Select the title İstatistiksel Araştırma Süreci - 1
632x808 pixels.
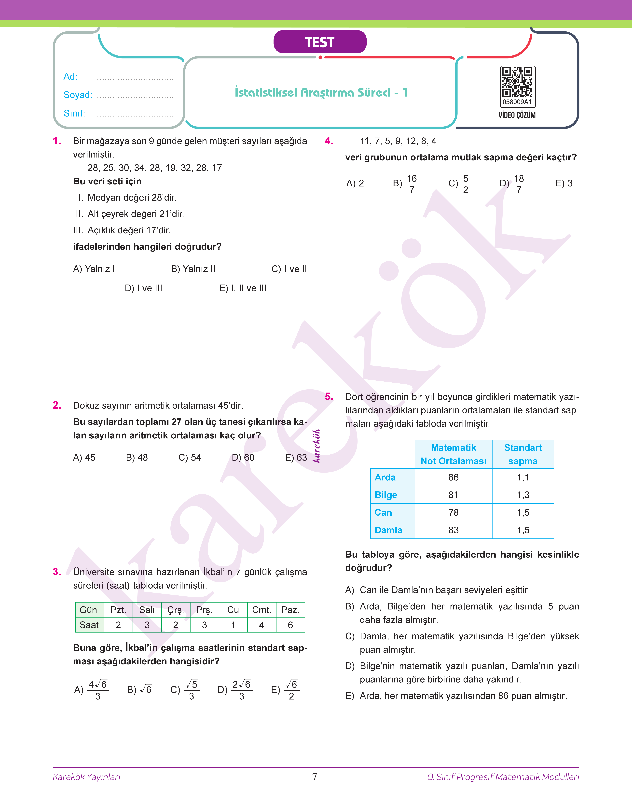point(321,92)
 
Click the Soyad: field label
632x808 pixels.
point(78,95)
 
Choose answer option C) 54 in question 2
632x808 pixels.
point(189,458)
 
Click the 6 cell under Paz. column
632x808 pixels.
point(290,625)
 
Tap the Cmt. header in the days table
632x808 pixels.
point(262,610)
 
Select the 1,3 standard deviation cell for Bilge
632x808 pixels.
point(523,495)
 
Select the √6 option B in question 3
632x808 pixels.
point(139,690)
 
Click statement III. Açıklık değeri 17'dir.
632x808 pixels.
point(122,230)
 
